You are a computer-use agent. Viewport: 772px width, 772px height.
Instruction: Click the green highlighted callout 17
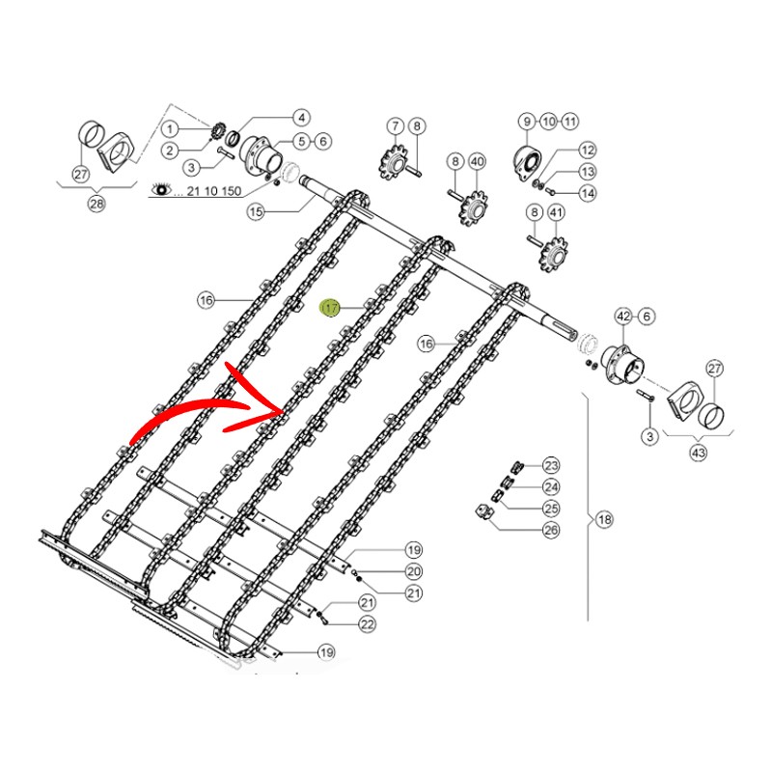330,308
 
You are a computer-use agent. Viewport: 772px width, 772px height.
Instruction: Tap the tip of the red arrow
284,410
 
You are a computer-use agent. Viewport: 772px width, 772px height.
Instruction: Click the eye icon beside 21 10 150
162,189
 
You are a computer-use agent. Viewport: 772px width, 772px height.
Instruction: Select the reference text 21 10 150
214,190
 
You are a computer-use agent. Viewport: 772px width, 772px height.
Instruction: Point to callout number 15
256,212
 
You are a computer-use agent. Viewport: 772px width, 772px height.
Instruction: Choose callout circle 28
96,204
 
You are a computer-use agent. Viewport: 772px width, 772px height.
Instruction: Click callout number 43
698,452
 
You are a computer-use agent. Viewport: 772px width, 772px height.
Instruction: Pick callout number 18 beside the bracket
605,519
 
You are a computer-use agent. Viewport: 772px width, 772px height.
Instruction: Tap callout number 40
477,161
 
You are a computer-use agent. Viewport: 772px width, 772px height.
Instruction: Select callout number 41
556,212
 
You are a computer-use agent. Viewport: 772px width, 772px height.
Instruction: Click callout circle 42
623,317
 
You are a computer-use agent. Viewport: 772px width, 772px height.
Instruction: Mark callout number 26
551,530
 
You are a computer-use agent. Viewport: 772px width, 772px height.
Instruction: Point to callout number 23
551,465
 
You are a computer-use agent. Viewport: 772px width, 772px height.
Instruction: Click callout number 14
588,193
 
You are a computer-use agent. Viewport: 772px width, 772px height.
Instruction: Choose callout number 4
301,118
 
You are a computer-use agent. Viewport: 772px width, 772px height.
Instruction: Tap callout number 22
368,624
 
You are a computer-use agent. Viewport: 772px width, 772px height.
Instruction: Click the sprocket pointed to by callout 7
394,161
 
